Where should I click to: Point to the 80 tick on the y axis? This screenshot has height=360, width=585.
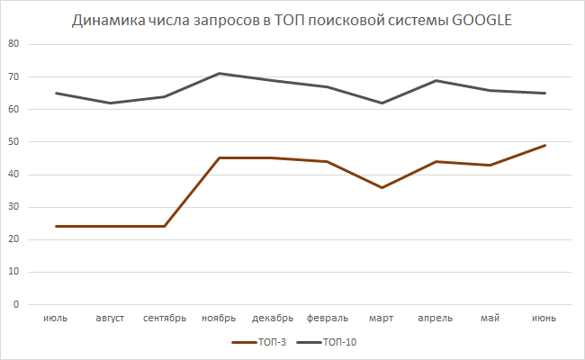[x=14, y=44]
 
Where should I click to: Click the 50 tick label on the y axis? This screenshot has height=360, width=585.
[x=14, y=142]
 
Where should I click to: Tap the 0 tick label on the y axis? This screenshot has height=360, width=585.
[x=17, y=304]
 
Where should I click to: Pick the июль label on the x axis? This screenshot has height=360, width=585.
[x=56, y=318]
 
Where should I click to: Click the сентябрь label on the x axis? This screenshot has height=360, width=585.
[x=165, y=318]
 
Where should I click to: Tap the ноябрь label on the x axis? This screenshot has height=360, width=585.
[x=219, y=318]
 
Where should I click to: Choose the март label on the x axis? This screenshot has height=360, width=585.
[x=382, y=318]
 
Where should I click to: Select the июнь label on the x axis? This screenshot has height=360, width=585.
[x=544, y=318]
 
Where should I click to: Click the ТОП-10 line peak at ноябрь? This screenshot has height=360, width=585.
[x=220, y=73]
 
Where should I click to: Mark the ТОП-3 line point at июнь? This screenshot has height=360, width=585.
[x=544, y=145]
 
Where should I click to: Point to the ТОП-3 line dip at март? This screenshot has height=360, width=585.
[x=382, y=187]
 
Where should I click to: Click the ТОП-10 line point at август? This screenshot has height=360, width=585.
[x=111, y=103]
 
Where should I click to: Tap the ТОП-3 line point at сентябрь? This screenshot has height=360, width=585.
[x=165, y=226]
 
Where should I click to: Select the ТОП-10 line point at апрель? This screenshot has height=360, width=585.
[x=436, y=80]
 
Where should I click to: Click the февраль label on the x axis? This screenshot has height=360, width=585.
[x=328, y=318]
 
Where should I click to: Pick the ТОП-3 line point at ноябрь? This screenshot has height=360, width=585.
[x=220, y=157]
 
